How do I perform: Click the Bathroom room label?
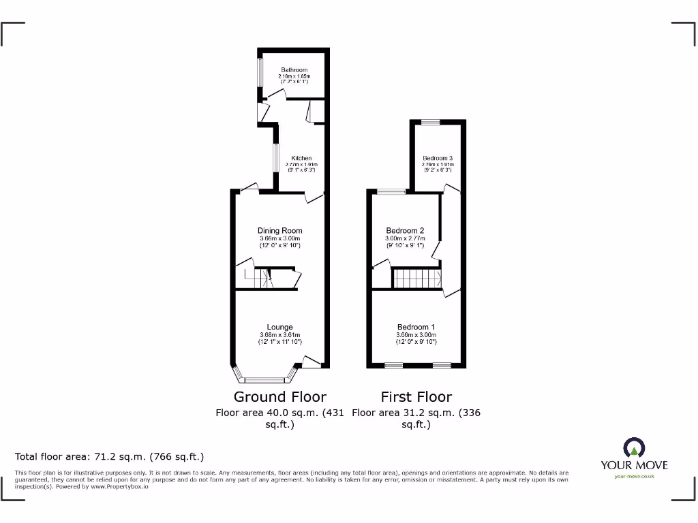[294, 70]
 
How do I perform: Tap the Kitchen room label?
[301, 158]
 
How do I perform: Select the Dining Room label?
[279, 231]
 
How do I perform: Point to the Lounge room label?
[279, 327]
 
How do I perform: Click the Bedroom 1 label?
[416, 327]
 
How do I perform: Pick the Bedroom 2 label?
[405, 231]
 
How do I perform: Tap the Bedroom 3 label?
[437, 158]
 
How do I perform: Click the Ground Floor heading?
[279, 396]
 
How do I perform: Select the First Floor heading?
[416, 396]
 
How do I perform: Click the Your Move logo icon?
[633, 447]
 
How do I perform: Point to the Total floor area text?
[110, 456]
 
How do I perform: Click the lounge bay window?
[266, 379]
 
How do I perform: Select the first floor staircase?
[416, 279]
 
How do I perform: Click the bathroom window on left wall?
[259, 74]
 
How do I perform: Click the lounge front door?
[312, 363]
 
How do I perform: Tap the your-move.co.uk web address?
[634, 477]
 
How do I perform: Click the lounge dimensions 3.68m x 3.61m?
[279, 334]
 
